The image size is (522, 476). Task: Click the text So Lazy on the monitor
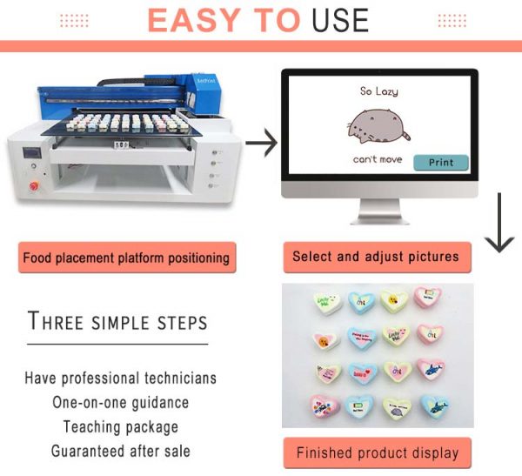(x=378, y=90)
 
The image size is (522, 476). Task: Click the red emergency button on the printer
(x=36, y=185)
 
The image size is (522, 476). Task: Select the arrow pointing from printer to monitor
(x=261, y=139)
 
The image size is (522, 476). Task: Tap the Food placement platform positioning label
(x=126, y=258)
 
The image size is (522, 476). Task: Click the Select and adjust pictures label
(x=376, y=257)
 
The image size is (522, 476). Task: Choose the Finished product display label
(x=377, y=453)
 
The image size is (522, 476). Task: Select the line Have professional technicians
(x=120, y=379)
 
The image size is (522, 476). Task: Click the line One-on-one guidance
(x=120, y=403)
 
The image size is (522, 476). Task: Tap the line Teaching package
(x=120, y=427)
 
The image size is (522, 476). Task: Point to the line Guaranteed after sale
(x=120, y=451)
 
